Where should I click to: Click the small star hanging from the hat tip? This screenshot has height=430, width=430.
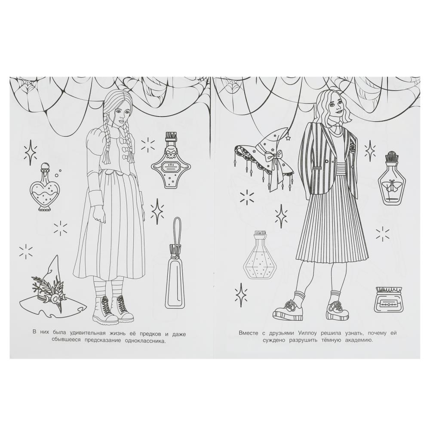(x=288, y=138)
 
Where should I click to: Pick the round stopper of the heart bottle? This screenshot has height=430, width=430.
(x=44, y=166)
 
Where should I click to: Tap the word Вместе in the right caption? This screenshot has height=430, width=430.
(x=249, y=333)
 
